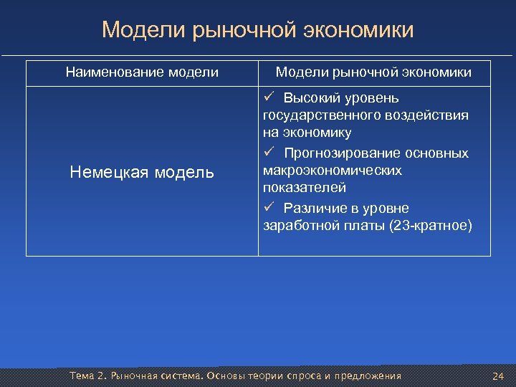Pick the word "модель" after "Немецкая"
point(185,172)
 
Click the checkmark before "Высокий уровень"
point(269,97)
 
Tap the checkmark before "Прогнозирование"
point(269,153)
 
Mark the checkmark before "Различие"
point(269,208)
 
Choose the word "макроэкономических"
point(333,171)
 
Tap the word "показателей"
point(305,188)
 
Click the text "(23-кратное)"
point(429,226)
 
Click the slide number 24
point(498,376)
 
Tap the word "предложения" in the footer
point(370,376)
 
